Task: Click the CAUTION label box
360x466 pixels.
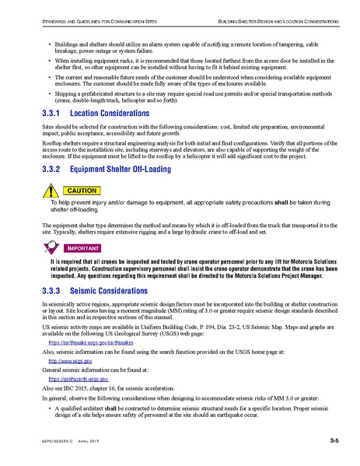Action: tap(80, 190)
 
